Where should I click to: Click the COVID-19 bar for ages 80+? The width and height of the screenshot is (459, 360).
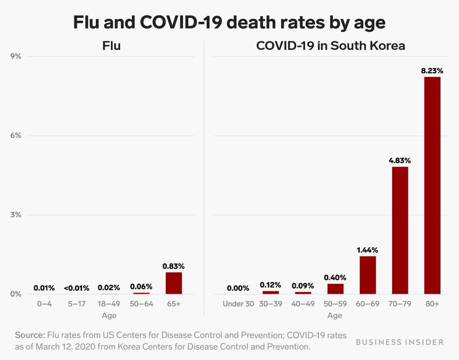pyautogui.click(x=432, y=185)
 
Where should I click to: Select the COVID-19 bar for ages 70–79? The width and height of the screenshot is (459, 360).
pyautogui.click(x=400, y=230)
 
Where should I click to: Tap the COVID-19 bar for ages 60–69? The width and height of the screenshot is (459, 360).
pyautogui.click(x=368, y=275)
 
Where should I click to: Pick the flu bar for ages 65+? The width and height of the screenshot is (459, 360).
pyautogui.click(x=174, y=283)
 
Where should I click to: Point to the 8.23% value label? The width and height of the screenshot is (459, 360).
pyautogui.click(x=432, y=70)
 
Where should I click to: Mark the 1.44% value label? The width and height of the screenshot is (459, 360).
pyautogui.click(x=368, y=249)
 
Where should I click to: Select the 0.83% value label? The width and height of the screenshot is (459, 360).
pyautogui.click(x=174, y=266)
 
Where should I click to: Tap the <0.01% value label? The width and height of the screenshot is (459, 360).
pyautogui.click(x=77, y=287)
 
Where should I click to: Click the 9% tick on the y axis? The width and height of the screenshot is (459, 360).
pyautogui.click(x=16, y=56)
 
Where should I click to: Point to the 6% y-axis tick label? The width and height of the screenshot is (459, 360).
pyautogui.click(x=16, y=136)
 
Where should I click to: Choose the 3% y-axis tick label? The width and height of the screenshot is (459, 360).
pyautogui.click(x=16, y=215)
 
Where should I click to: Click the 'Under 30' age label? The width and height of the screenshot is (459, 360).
pyautogui.click(x=238, y=304)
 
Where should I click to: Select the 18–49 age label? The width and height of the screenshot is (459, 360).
pyautogui.click(x=109, y=304)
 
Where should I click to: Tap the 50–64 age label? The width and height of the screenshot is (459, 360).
pyautogui.click(x=141, y=304)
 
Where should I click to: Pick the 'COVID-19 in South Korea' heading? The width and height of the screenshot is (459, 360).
pyautogui.click(x=331, y=45)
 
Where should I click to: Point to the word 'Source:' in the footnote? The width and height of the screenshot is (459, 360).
pyautogui.click(x=30, y=336)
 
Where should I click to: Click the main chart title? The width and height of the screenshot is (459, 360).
pyautogui.click(x=229, y=22)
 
